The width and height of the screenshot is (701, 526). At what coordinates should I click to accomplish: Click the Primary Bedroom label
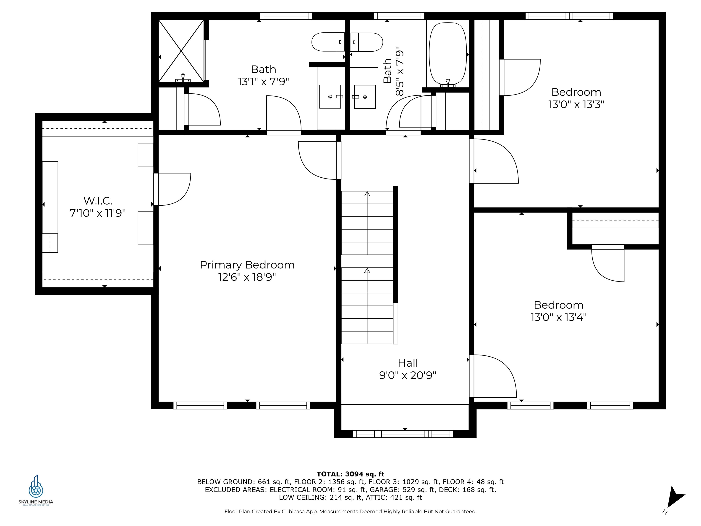247,265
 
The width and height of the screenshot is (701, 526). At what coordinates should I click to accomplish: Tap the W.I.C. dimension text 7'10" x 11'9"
98,213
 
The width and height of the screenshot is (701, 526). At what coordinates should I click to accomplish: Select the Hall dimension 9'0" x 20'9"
408,375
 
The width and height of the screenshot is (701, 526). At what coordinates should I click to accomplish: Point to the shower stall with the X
181,51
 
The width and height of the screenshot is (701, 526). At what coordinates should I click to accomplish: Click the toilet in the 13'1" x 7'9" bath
328,42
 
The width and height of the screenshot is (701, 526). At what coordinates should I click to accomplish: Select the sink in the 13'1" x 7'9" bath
330,96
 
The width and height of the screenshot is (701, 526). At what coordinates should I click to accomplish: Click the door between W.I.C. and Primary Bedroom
173,189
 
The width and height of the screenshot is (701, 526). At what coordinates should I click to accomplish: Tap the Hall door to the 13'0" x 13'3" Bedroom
494,161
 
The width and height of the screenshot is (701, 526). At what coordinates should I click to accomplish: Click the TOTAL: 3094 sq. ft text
350,474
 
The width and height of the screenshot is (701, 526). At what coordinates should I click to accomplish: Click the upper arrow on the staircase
367,194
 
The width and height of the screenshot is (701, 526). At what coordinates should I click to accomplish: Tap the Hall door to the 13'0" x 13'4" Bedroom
493,376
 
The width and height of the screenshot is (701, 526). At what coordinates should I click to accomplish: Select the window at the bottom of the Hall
403,434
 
